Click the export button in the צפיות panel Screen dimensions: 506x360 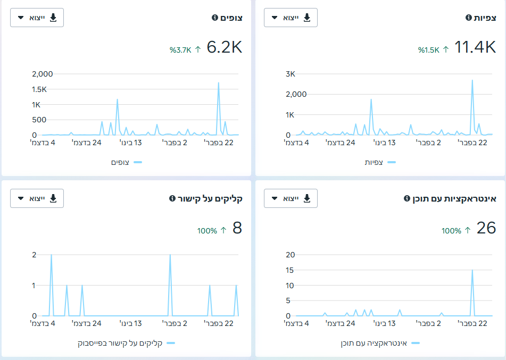pyautogui.click(x=291, y=18)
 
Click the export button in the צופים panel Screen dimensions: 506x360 pyautogui.click(x=37, y=18)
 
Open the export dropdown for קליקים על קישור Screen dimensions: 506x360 pyautogui.click(x=37, y=198)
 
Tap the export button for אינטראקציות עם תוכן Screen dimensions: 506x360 pyautogui.click(x=291, y=198)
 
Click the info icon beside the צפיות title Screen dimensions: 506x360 pyautogui.click(x=469, y=18)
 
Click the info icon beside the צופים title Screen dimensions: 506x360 pyautogui.click(x=215, y=18)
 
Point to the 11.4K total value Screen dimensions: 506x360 pyautogui.click(x=475, y=47)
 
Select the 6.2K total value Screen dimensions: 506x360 pyautogui.click(x=225, y=47)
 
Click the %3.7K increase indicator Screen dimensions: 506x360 pyautogui.click(x=185, y=49)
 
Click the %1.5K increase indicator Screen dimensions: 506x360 pyautogui.click(x=434, y=49)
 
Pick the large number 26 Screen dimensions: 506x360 pyautogui.click(x=486, y=228)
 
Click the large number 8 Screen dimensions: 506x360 pyautogui.click(x=237, y=228)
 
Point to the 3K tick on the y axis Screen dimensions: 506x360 pyautogui.click(x=291, y=74)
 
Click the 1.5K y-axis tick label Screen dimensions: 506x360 pyautogui.click(x=39, y=89)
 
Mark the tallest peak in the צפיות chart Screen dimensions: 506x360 pyautogui.click(x=472, y=80)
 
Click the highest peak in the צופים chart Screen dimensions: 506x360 pyautogui.click(x=219, y=83)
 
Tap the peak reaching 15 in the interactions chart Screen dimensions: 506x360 pyautogui.click(x=472, y=270)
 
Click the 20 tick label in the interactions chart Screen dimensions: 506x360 pyautogui.click(x=290, y=255)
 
